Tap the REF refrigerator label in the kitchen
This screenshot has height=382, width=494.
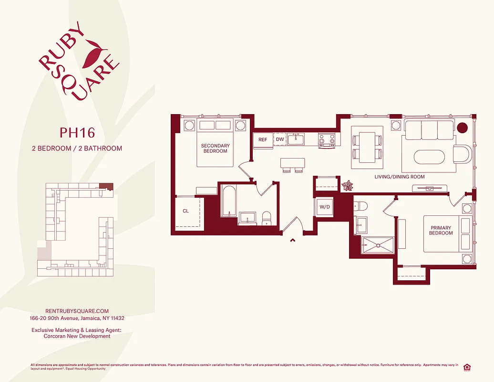(x=263, y=140)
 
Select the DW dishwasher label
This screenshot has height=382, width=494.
(x=279, y=140)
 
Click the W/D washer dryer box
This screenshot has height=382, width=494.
(x=325, y=207)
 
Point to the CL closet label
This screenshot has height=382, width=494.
(x=186, y=211)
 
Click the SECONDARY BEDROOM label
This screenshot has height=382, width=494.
(x=215, y=149)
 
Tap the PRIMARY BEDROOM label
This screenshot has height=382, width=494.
(x=441, y=231)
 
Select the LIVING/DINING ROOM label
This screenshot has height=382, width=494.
(x=400, y=177)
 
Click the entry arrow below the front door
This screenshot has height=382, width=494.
(x=292, y=240)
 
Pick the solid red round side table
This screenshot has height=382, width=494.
(x=462, y=127)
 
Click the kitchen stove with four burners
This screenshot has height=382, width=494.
(x=327, y=139)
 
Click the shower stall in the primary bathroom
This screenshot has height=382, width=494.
(x=378, y=245)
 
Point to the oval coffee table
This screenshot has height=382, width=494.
(x=429, y=157)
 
